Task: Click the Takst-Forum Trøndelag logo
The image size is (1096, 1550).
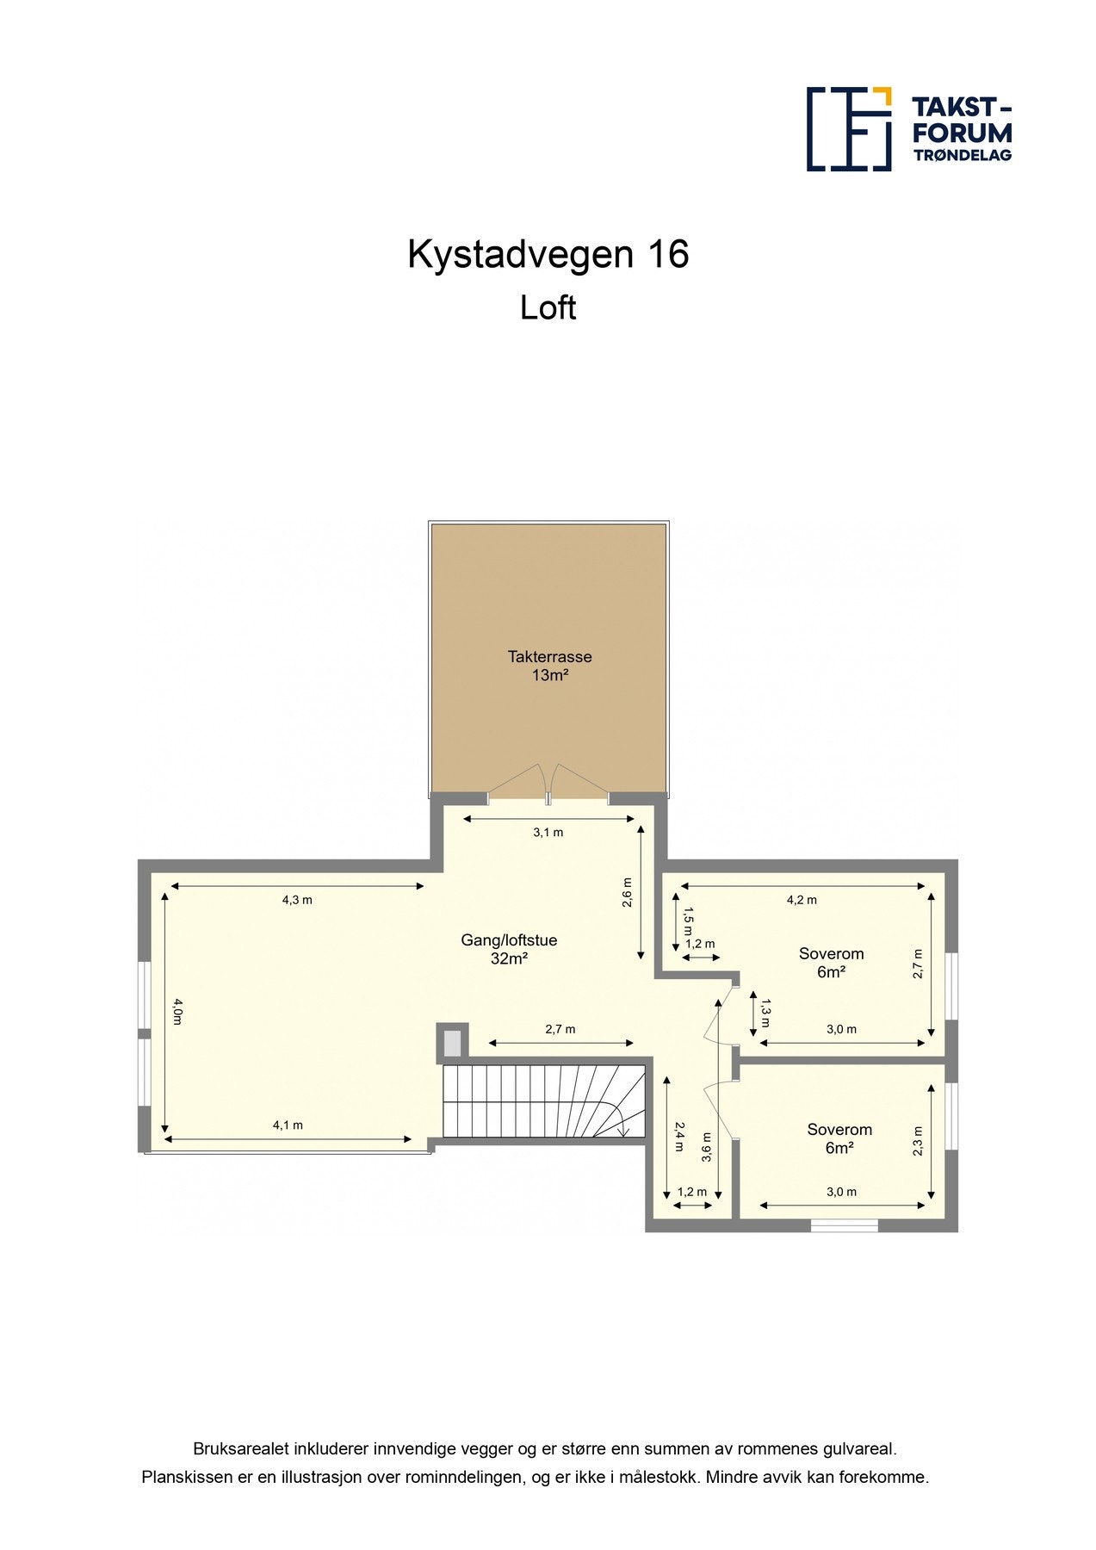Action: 908,129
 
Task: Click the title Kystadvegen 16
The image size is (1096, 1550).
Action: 548,255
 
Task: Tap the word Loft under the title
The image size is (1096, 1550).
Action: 548,308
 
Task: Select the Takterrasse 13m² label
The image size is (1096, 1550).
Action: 549,666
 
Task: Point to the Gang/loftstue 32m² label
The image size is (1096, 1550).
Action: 509,949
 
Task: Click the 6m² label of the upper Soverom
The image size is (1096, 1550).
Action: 831,972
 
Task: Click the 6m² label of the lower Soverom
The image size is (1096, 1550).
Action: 839,1148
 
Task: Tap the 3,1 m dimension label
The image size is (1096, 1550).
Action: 548,833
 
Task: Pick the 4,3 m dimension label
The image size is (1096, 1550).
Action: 297,900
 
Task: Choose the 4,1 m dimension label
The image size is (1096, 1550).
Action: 288,1125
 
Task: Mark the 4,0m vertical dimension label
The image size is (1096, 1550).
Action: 177,1011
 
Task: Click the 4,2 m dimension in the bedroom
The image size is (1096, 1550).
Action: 802,900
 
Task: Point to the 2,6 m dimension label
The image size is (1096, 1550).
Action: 628,892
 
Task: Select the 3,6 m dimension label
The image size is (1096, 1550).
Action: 706,1147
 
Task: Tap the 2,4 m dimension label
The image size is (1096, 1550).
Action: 679,1136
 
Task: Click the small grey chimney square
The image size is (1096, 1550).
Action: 452,1043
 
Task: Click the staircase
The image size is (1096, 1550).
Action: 542,1101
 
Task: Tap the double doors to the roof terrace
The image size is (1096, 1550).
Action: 548,784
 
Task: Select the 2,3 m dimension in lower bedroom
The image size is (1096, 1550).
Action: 918,1141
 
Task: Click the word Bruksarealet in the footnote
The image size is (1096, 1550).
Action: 241,1449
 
